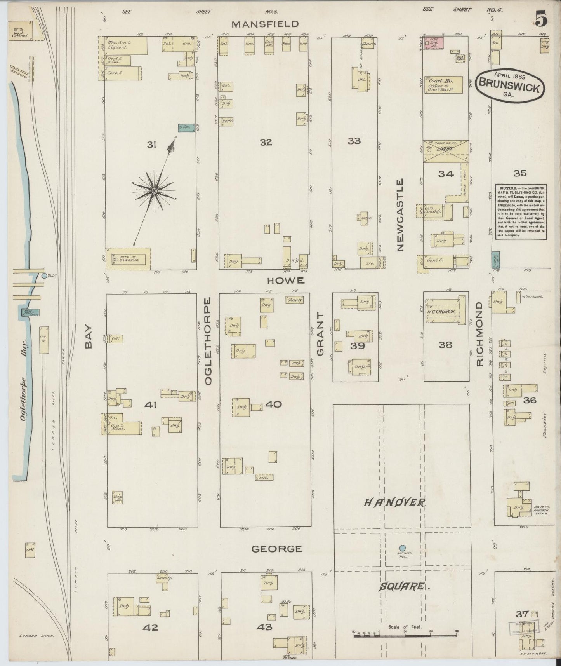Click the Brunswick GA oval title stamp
coord(509,85)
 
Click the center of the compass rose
coord(154,192)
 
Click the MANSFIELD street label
coord(266,24)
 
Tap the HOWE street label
coord(286,281)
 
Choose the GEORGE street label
coord(276,549)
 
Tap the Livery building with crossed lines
coord(445,152)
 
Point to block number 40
coord(273,404)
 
